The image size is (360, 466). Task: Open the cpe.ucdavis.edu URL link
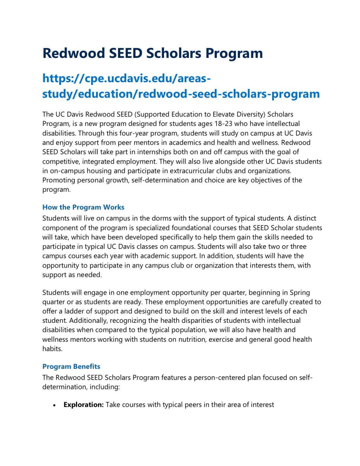181,86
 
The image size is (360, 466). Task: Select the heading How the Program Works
83,207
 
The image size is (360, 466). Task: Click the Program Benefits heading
71,366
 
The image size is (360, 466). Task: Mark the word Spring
300,292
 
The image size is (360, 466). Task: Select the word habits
52,349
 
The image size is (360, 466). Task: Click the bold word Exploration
84,405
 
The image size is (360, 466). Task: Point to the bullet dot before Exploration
54,405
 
